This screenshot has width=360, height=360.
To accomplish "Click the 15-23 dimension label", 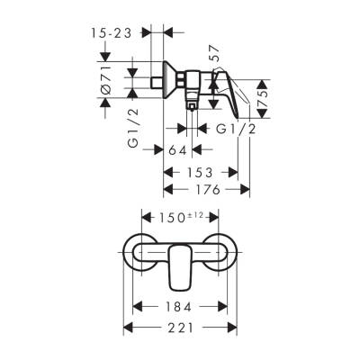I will pos(114,32).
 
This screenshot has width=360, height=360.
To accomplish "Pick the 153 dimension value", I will pos(199,171).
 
